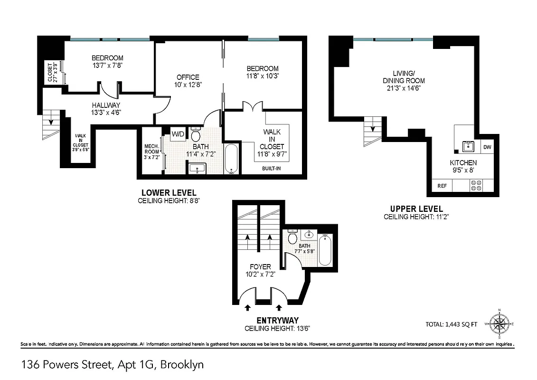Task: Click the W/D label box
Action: [178, 134]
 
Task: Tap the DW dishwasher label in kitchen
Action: [487, 147]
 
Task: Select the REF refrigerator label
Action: [442, 186]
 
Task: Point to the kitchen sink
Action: [468, 145]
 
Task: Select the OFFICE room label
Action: [188, 77]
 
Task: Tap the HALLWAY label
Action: [106, 105]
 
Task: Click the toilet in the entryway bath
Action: [292, 237]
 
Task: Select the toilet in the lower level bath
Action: [196, 134]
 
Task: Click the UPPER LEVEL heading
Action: [416, 209]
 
